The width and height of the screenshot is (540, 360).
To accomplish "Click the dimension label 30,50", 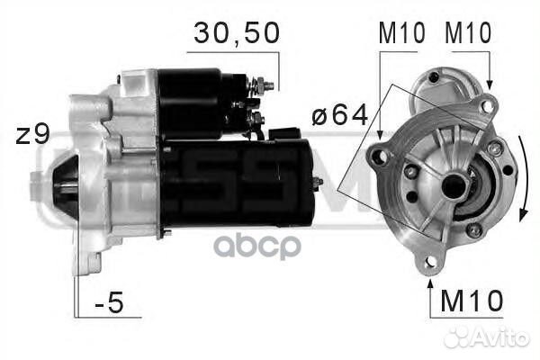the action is [x=237, y=33].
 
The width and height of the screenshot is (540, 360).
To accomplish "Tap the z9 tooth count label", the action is [x=33, y=134].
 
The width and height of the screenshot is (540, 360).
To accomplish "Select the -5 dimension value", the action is [x=109, y=301].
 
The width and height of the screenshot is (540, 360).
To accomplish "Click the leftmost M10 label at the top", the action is [x=402, y=32].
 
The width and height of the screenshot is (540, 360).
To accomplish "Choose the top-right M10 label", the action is [x=468, y=32].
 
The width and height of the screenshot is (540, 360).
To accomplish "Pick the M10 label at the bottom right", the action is [x=472, y=301].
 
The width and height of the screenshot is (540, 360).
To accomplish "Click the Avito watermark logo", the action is [x=486, y=337].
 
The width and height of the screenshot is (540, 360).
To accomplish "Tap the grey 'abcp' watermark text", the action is [x=257, y=246].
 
